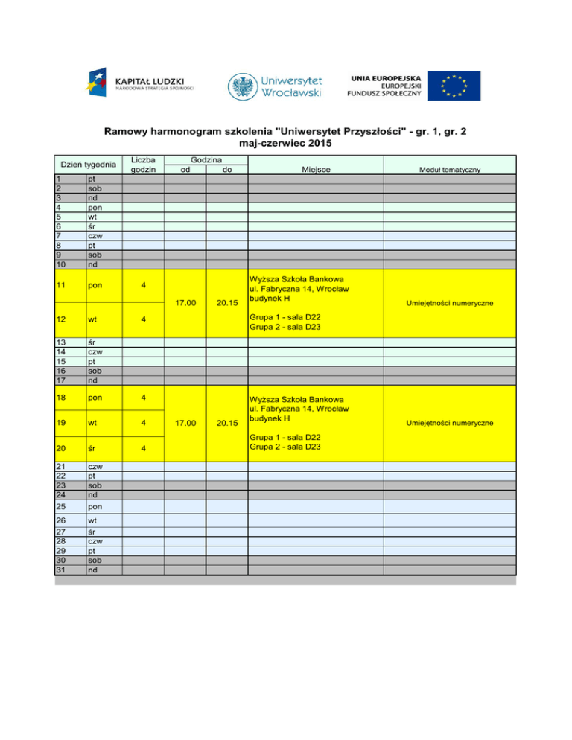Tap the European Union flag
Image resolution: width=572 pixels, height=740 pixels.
[x=458, y=86]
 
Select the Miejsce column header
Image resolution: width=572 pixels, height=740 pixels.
[x=316, y=170]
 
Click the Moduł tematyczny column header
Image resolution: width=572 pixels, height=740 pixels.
[x=449, y=170]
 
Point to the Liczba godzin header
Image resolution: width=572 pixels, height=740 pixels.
[x=143, y=164]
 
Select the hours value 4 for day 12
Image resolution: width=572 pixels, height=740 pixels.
[x=144, y=321]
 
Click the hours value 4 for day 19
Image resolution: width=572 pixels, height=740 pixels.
[x=144, y=423]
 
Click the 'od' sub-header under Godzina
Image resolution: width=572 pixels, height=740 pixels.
[x=185, y=170]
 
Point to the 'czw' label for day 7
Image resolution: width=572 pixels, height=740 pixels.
[x=93, y=235]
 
